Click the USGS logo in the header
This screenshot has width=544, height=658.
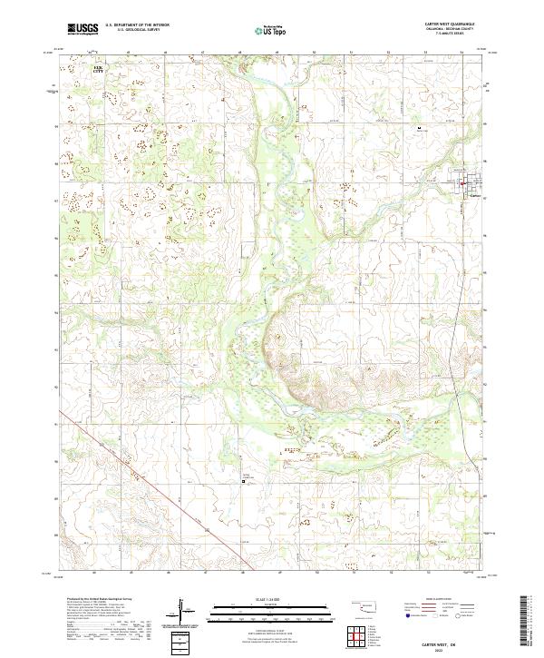pos(83,29)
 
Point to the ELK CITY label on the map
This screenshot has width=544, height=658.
pos(99,68)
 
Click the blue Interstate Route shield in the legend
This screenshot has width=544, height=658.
pos(405,614)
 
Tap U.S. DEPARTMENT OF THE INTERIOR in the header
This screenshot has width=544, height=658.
pos(135,25)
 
